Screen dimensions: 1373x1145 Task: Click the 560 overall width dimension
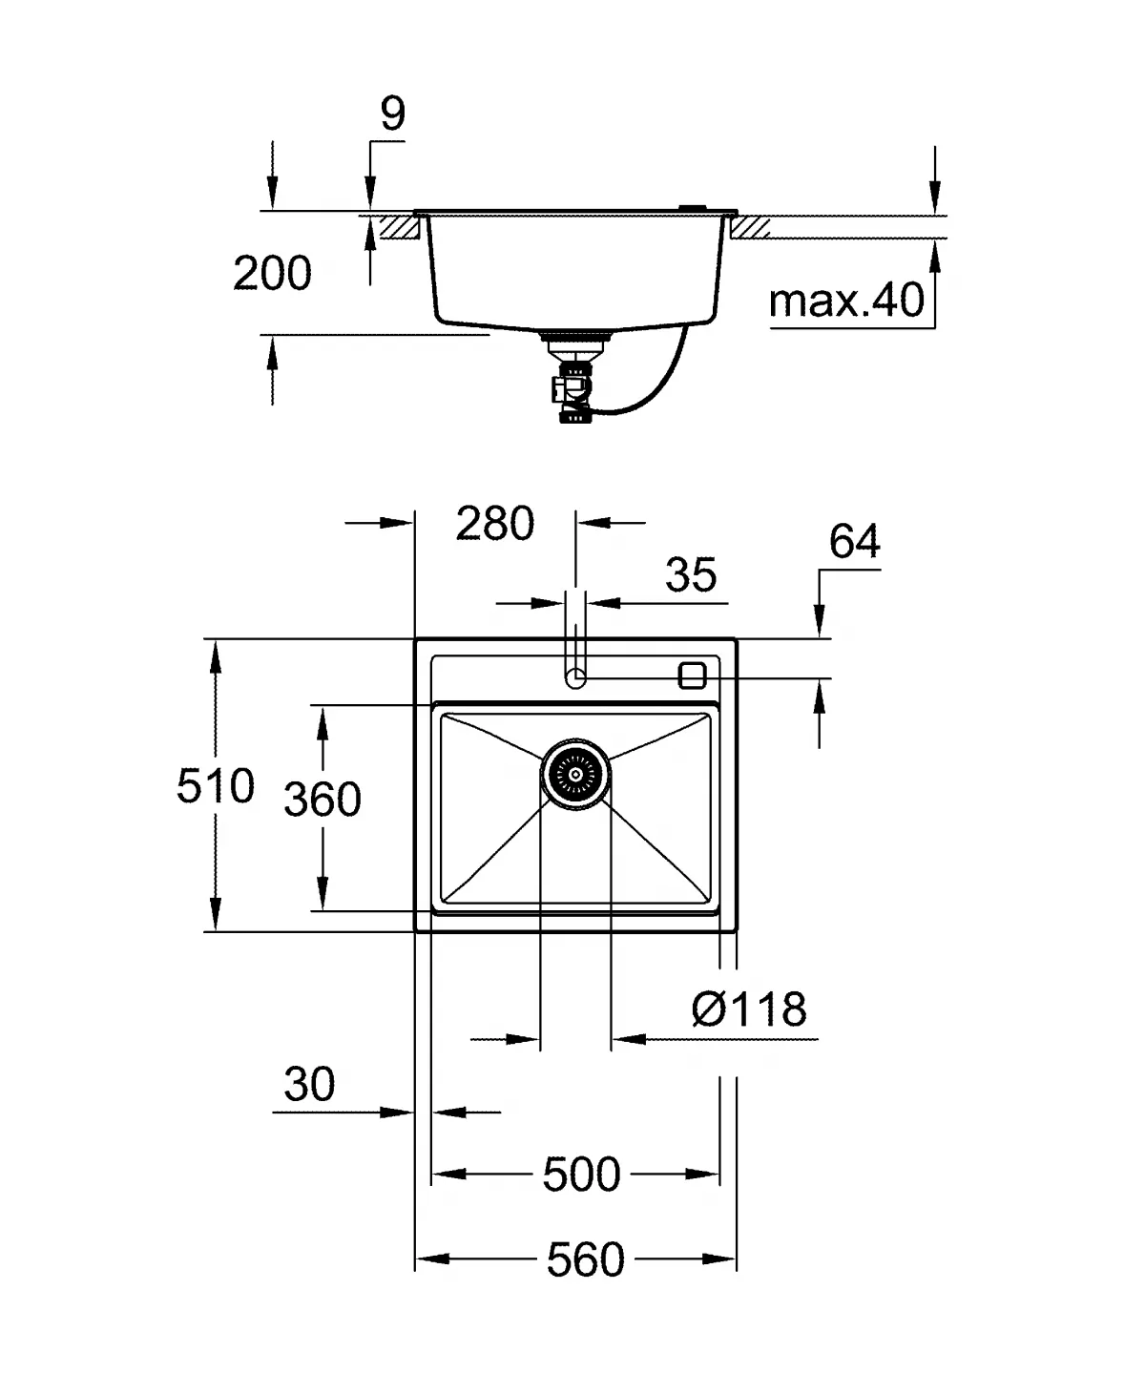[585, 1259]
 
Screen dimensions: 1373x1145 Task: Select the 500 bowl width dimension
[581, 1174]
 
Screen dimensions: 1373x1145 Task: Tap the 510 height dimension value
[216, 787]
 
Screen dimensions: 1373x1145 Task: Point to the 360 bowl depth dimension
[323, 800]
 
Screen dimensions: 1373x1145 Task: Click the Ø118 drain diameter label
[749, 1009]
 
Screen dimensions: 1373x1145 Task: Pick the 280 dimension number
[494, 524]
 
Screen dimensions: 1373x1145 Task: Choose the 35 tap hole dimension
[690, 575]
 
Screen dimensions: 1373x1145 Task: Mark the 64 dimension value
[854, 542]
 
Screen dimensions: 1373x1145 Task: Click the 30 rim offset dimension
[309, 1085]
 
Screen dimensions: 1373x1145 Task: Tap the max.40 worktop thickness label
[846, 302]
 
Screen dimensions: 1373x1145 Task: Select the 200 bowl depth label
[272, 274]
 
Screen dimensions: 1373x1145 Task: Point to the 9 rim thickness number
[392, 114]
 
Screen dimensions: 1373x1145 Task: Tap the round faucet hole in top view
[575, 678]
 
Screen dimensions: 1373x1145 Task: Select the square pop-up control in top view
[692, 675]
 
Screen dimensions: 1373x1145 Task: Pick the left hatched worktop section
[402, 227]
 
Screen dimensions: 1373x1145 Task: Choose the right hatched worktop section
[751, 227]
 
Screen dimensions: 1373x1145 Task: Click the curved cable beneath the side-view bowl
[658, 382]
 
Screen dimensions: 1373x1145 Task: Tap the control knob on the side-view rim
[691, 207]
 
